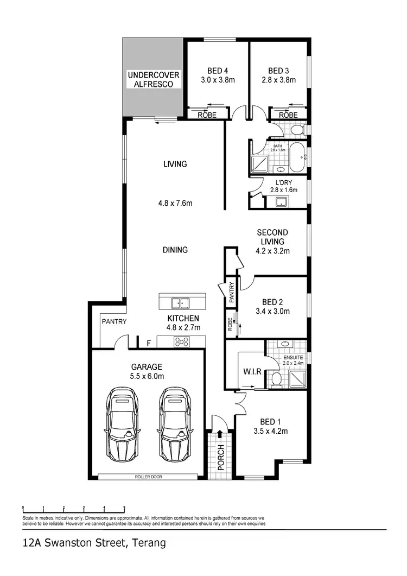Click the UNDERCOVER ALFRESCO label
[153, 79]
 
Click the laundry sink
[282, 202]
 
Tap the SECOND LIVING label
[272, 237]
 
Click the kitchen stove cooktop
[181, 342]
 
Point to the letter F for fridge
[149, 343]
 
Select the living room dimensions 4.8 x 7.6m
[175, 204]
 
